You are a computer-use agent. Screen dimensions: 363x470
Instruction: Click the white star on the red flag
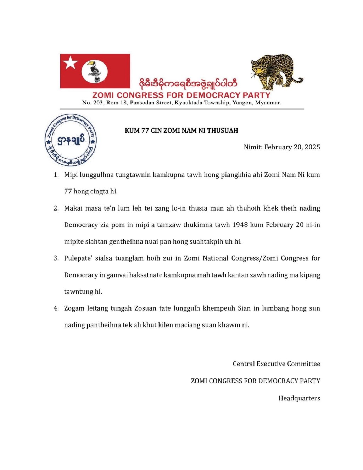pyautogui.click(x=70, y=63)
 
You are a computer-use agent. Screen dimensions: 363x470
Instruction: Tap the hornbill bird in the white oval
pyautogui.click(x=95, y=71)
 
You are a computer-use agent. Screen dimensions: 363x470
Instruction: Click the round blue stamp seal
pyautogui.click(x=71, y=140)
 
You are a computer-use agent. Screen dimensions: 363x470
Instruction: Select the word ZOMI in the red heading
pyautogui.click(x=103, y=95)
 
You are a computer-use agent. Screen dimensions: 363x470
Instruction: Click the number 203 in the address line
pyautogui.click(x=98, y=103)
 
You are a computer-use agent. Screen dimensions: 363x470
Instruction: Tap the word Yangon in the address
pyautogui.click(x=242, y=103)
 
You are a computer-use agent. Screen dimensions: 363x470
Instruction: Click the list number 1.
pyautogui.click(x=56, y=175)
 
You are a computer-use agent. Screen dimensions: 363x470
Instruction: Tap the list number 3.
pyautogui.click(x=56, y=258)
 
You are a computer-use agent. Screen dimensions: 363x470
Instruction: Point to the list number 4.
pyautogui.click(x=56, y=308)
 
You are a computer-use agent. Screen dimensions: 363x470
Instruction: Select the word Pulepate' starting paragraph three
pyautogui.click(x=77, y=258)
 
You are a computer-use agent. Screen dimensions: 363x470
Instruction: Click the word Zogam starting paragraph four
pyautogui.click(x=74, y=308)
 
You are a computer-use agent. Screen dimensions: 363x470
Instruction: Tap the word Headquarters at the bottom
pyautogui.click(x=299, y=398)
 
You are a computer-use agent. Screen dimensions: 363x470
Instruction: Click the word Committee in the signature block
pyautogui.click(x=304, y=364)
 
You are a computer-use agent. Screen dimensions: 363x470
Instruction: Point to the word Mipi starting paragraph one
pyautogui.click(x=71, y=175)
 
